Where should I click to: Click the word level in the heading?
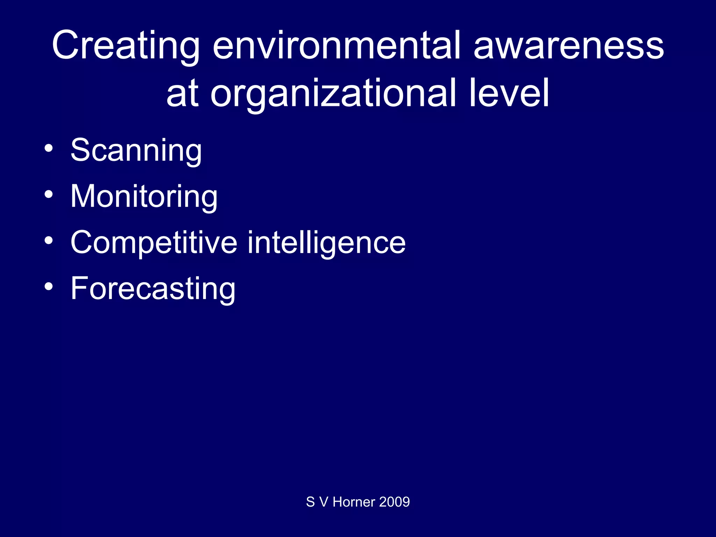pyautogui.click(x=509, y=92)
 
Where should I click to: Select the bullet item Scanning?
pyautogui.click(x=136, y=150)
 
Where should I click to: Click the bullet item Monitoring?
pyautogui.click(x=144, y=196)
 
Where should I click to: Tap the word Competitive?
pyautogui.click(x=154, y=243)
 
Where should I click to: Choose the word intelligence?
pyautogui.click(x=327, y=243)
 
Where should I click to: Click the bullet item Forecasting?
pyautogui.click(x=153, y=289)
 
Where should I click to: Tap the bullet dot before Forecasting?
pyautogui.click(x=49, y=286)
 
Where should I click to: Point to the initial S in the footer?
pyautogui.click(x=310, y=502)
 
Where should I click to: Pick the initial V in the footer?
pyautogui.click(x=324, y=502)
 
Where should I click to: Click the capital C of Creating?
pyautogui.click(x=67, y=45)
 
